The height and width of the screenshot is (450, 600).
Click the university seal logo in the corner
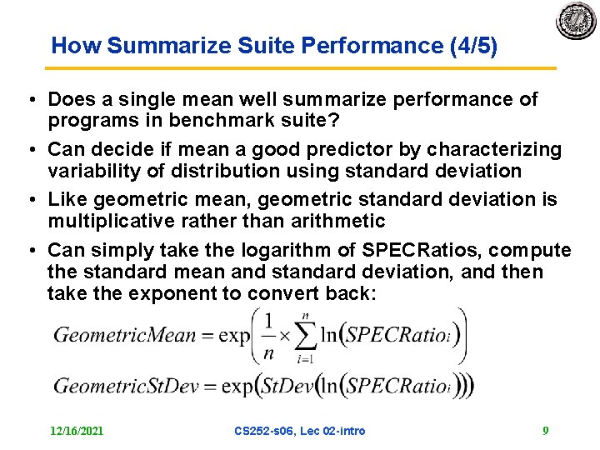(x=576, y=21)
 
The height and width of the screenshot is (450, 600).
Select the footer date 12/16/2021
(x=77, y=431)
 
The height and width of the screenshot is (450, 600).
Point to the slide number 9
(x=545, y=431)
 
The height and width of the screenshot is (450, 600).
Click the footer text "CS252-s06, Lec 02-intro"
(x=300, y=431)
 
